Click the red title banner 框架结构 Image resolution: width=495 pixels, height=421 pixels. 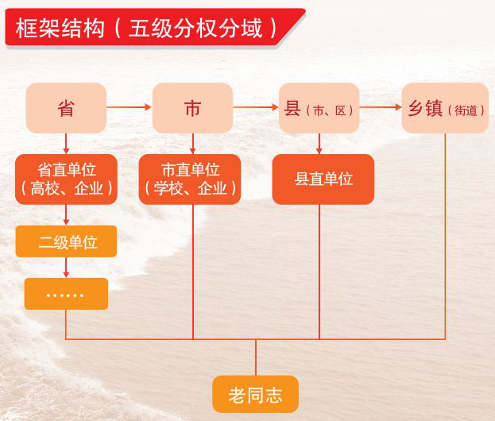pyautogui.click(x=155, y=28)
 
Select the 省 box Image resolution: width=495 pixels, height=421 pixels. pyautogui.click(x=66, y=108)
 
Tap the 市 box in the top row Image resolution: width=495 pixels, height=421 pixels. pyautogui.click(x=192, y=108)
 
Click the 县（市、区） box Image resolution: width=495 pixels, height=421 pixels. pyautogui.click(x=319, y=108)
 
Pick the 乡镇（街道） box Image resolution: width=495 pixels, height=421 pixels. pyautogui.click(x=445, y=108)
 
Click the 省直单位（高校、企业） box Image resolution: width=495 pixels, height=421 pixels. pyautogui.click(x=66, y=180)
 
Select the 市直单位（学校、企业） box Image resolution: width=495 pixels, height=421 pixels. pyautogui.click(x=190, y=180)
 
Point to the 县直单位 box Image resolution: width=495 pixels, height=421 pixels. pyautogui.click(x=323, y=180)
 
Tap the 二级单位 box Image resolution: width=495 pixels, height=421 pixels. pyautogui.click(x=66, y=241)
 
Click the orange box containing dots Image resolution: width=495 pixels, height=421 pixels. pyautogui.click(x=66, y=294)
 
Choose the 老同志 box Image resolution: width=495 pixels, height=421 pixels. pyautogui.click(x=255, y=394)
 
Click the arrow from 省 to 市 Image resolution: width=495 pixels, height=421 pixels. pyautogui.click(x=130, y=107)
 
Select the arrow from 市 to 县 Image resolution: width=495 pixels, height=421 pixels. pyautogui.click(x=256, y=107)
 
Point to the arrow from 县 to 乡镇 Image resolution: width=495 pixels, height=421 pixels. pyautogui.click(x=381, y=107)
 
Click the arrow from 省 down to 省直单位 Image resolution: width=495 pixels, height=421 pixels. pyautogui.click(x=66, y=144)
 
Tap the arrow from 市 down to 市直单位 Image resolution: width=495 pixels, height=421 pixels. pyautogui.click(x=193, y=144)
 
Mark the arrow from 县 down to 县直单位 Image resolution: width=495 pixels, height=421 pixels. pyautogui.click(x=319, y=144)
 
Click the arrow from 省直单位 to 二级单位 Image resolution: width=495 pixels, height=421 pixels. pyautogui.click(x=66, y=215)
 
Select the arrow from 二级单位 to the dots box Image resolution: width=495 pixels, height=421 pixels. pyautogui.click(x=66, y=268)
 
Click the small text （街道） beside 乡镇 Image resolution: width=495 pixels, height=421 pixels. pyautogui.click(x=466, y=110)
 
